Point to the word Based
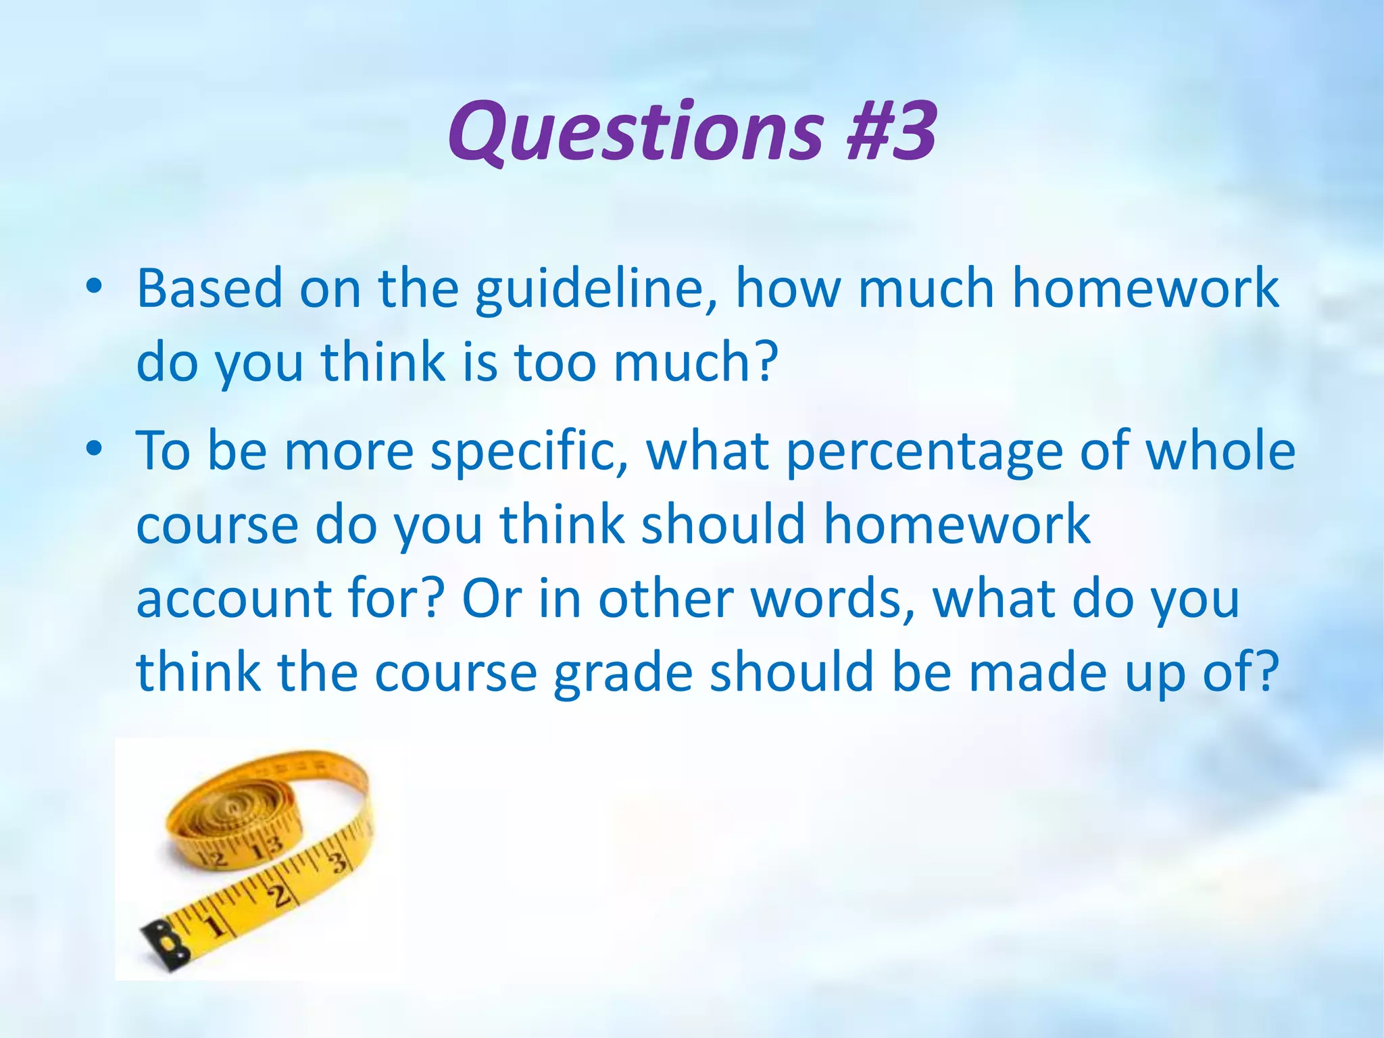(209, 289)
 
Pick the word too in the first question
(555, 362)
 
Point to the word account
(234, 599)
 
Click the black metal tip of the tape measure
(164, 940)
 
